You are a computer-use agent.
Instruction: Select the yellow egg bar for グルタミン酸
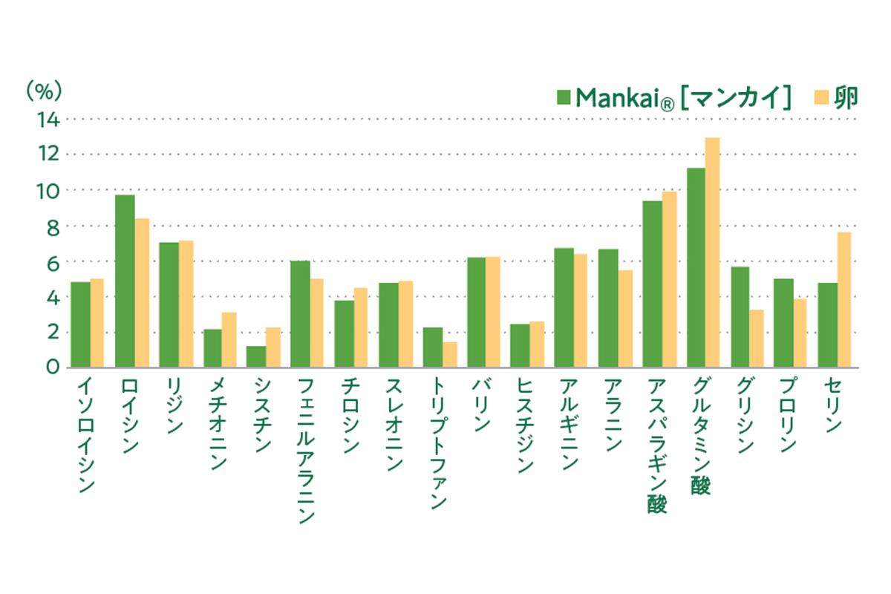click(712, 252)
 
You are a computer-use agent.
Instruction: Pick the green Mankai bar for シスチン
click(256, 356)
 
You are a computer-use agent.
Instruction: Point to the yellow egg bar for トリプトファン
click(450, 354)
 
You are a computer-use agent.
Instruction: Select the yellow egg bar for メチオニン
click(229, 339)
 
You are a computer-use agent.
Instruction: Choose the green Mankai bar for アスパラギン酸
click(652, 284)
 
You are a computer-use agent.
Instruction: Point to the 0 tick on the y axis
click(52, 367)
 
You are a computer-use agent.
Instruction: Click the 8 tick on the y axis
click(52, 226)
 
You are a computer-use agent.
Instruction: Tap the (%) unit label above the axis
click(44, 91)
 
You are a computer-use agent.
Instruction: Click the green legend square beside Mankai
click(564, 97)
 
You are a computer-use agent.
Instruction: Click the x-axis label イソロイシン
click(87, 434)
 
